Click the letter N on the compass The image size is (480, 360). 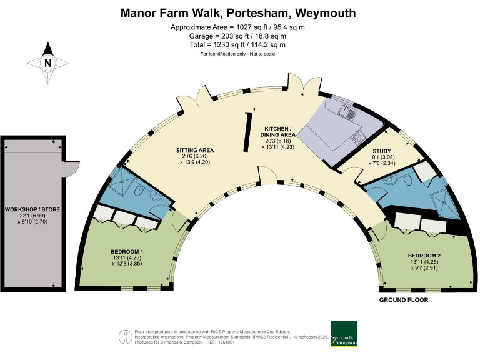[x=47, y=62]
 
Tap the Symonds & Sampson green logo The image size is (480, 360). [x=344, y=334]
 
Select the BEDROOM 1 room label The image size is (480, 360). [x=127, y=252]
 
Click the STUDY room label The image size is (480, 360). [x=382, y=151]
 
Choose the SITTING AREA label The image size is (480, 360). [x=195, y=150]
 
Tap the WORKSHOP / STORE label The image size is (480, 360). [x=32, y=209]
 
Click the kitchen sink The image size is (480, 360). [x=349, y=111]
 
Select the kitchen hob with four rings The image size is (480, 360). [x=359, y=136]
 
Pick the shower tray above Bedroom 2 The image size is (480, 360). [x=445, y=204]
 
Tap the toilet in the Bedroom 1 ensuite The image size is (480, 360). [x=139, y=191]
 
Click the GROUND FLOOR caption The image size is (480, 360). [x=404, y=300]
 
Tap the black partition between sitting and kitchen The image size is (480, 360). [x=247, y=132]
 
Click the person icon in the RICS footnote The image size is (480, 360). [x=126, y=337]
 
